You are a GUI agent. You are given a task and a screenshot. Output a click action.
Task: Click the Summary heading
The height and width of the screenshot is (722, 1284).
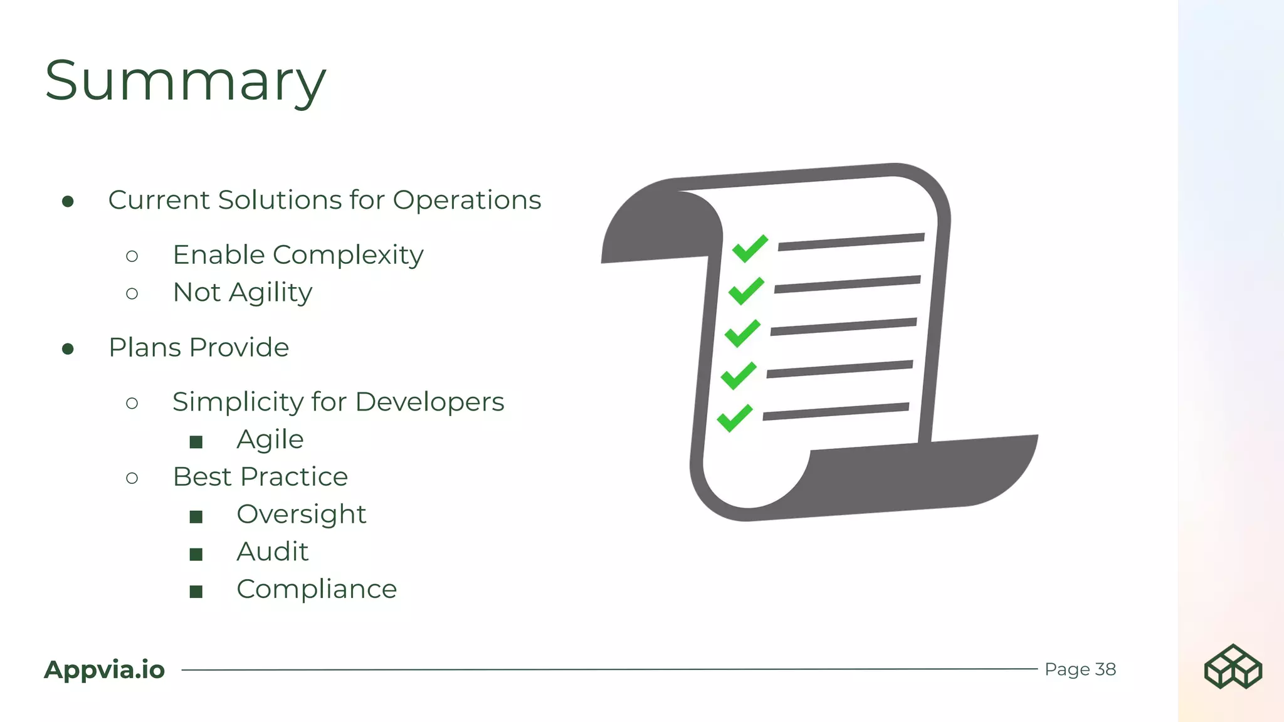point(186,81)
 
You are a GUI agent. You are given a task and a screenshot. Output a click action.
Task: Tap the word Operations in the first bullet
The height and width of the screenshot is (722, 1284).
point(466,201)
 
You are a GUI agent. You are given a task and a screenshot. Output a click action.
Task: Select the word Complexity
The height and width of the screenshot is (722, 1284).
point(348,255)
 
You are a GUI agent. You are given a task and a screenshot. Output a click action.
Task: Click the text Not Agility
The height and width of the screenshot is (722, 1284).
point(243,293)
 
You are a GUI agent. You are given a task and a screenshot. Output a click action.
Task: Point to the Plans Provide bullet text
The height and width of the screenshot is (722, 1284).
point(199,348)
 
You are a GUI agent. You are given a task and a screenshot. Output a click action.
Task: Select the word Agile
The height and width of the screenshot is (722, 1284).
point(270,440)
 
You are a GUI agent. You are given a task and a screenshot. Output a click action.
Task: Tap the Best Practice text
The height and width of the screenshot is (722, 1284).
point(260,477)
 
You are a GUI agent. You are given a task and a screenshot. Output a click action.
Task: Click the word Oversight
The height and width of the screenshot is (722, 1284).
point(301,515)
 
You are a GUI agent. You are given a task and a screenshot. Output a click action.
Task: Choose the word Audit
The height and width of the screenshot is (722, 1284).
point(273,552)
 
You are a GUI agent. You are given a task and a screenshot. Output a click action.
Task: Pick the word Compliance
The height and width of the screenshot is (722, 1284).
point(317,590)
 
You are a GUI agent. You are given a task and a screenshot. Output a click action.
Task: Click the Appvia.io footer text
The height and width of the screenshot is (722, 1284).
point(105,670)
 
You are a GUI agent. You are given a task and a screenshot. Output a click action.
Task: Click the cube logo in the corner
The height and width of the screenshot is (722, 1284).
point(1233,666)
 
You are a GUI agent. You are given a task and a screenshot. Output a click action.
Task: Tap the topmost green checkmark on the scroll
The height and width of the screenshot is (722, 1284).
point(750,248)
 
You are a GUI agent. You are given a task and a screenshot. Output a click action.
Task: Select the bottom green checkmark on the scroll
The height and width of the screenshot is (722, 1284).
point(735,418)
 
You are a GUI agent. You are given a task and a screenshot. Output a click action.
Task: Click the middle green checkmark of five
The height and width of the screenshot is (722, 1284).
point(742,333)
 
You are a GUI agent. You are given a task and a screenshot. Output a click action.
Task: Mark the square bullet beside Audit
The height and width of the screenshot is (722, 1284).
point(196,554)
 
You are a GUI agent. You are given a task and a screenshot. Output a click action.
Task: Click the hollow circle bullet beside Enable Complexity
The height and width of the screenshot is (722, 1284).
point(132,256)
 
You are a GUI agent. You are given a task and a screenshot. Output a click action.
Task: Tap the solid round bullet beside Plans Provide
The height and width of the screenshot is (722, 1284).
point(68,348)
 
